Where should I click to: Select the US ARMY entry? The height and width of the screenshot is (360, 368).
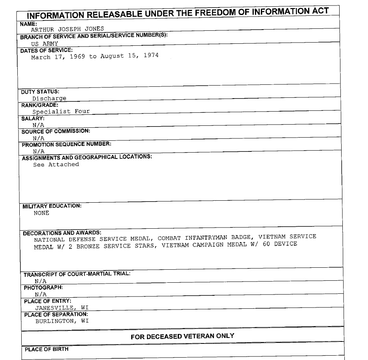pos(45,44)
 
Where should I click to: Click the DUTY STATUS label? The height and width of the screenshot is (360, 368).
pos(40,92)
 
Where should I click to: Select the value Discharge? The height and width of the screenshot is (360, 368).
pos(49,98)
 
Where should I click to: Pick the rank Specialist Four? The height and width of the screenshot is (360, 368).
pos(61,111)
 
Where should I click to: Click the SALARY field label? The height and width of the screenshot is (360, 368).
pos(33,118)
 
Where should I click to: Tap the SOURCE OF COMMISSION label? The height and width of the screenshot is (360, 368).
pos(56,131)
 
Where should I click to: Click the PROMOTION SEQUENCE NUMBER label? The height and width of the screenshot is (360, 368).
pos(67,144)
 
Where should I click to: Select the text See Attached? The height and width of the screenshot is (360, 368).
pos(56,164)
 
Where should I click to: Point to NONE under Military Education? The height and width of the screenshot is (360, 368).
pos(41,213)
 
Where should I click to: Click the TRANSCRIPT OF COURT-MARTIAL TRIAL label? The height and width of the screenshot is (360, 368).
pos(77,274)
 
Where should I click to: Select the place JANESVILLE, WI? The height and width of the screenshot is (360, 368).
pos(62,308)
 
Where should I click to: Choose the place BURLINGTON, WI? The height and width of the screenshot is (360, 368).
pos(62,321)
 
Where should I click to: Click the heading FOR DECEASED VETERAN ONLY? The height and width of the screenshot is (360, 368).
pos(182,336)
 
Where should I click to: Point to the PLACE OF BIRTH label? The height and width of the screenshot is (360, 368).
pos(46,349)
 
